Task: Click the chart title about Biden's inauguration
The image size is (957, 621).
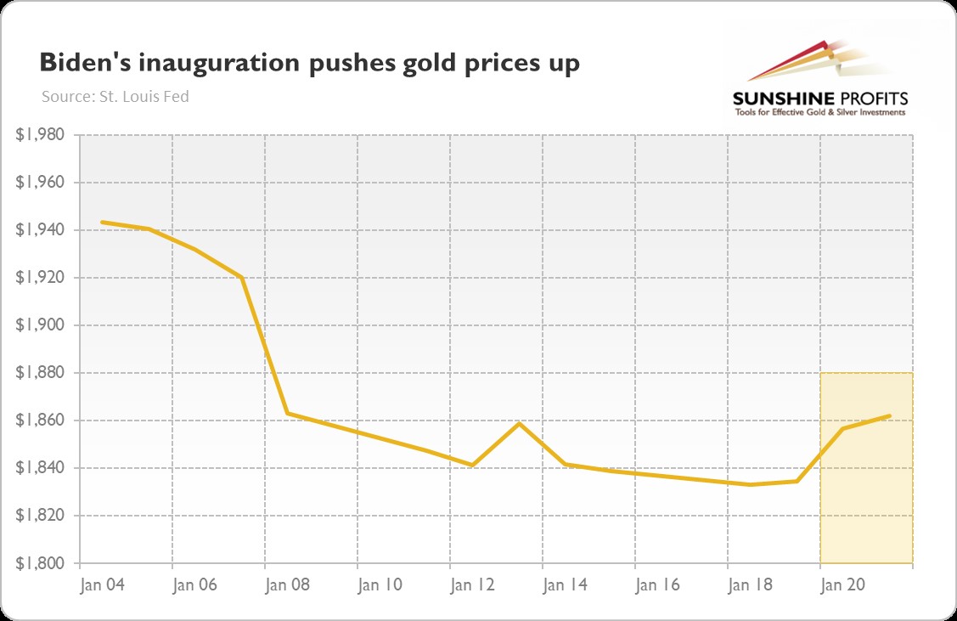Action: [309, 65]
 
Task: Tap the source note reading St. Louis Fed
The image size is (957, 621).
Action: [115, 97]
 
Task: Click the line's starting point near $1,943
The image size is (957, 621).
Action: [103, 223]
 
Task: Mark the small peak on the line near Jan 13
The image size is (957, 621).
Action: [519, 423]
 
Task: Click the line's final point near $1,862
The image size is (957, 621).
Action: [889, 415]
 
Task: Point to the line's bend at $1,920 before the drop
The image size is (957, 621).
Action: [242, 278]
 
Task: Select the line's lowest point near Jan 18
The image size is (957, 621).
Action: [751, 484]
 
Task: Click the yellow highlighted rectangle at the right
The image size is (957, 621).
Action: [866, 510]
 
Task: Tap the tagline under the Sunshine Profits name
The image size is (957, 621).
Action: [819, 112]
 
